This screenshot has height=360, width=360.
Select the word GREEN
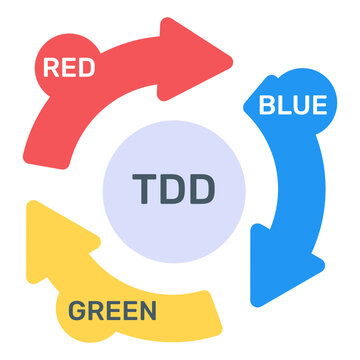pyautogui.click(x=112, y=310)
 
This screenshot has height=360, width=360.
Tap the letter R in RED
pyautogui.click(x=48, y=68)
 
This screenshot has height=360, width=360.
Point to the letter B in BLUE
pyautogui.click(x=267, y=103)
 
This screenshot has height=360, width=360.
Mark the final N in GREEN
pyautogui.click(x=147, y=310)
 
